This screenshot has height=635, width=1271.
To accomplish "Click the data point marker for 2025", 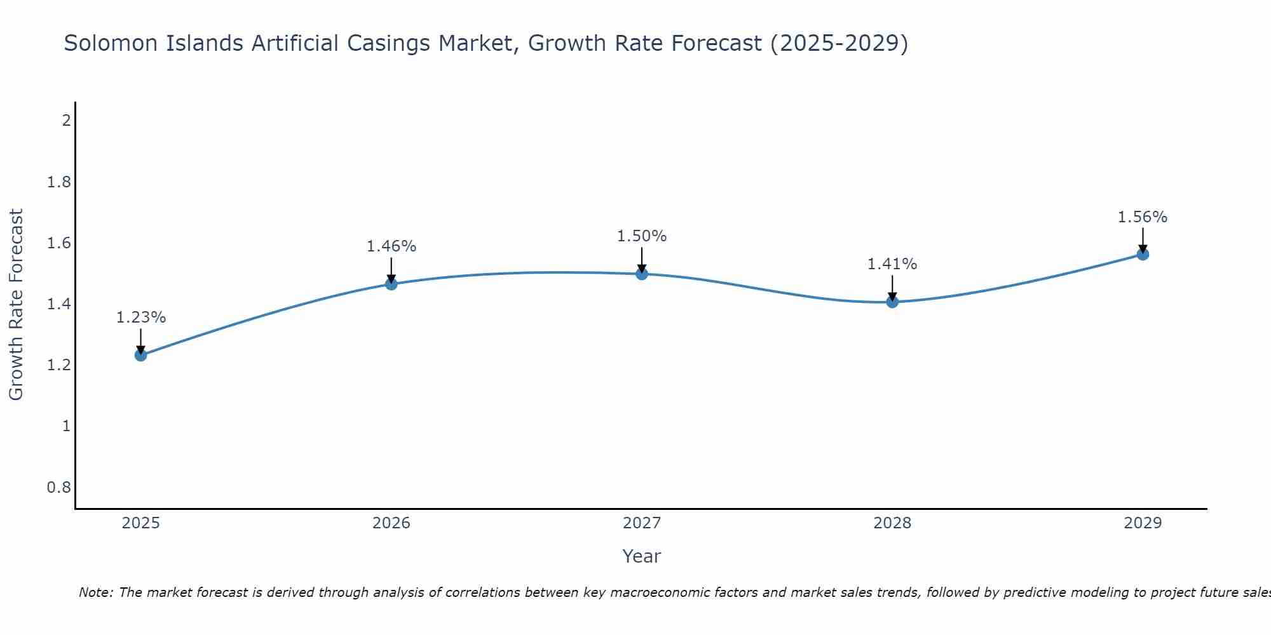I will (141, 355).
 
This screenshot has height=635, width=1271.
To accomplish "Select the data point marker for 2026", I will (391, 284).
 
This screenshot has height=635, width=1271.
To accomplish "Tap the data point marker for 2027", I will (642, 274).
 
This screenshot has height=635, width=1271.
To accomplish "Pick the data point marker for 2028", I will (892, 302).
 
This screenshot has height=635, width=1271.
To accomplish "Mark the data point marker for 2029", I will (1143, 255).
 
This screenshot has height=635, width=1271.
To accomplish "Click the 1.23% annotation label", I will (141, 317).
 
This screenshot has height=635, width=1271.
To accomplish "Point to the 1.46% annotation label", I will (391, 246).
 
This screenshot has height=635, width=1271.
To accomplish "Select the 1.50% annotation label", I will (642, 236).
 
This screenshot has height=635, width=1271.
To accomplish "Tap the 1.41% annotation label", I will (892, 264).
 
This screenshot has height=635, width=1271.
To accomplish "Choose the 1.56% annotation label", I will (1143, 217).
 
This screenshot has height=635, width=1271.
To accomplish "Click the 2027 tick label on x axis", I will (642, 523).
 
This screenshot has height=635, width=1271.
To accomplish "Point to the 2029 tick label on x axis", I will (1143, 523).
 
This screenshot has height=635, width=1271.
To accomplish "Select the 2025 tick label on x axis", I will (141, 523).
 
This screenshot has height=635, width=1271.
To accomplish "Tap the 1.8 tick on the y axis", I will (59, 183).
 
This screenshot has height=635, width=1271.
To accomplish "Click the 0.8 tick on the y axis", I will (59, 488).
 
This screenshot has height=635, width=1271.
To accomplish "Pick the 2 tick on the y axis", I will (66, 120).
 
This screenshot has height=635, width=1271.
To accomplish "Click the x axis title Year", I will (642, 556).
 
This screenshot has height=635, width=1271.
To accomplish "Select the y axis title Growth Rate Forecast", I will (17, 305).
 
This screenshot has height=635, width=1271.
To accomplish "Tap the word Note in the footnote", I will (95, 592).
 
